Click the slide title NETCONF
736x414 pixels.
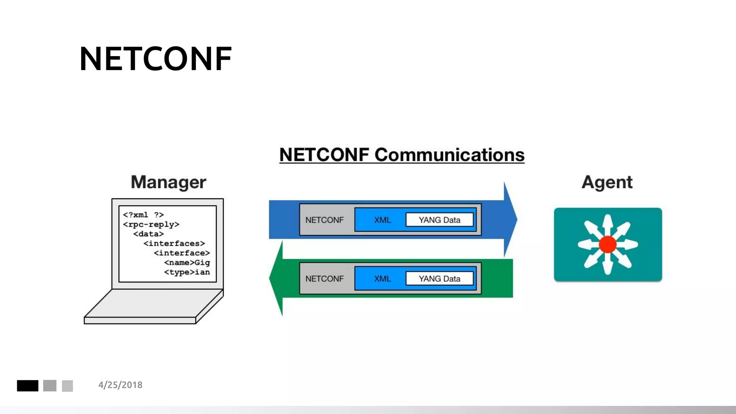pos(156,59)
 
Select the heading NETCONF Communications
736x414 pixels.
pos(402,155)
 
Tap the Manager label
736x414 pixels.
pos(168,182)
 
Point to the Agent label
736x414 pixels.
pos(607,182)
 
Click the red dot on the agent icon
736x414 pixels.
pos(608,244)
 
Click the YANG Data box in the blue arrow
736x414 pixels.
pos(439,220)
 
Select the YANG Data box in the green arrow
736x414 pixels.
pos(439,279)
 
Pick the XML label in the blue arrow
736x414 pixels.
pos(382,220)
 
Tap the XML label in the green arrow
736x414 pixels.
pos(382,279)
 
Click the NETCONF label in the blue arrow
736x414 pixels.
pos(325,220)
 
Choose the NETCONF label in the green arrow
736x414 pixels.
pos(325,279)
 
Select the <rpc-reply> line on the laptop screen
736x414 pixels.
pos(151,225)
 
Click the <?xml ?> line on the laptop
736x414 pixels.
pos(143,215)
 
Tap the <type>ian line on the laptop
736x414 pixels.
pos(187,272)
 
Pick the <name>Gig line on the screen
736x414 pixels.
pos(187,263)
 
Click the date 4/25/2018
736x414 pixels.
pos(120,385)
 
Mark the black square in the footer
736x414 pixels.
pos(28,386)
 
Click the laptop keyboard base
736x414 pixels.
pos(151,305)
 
